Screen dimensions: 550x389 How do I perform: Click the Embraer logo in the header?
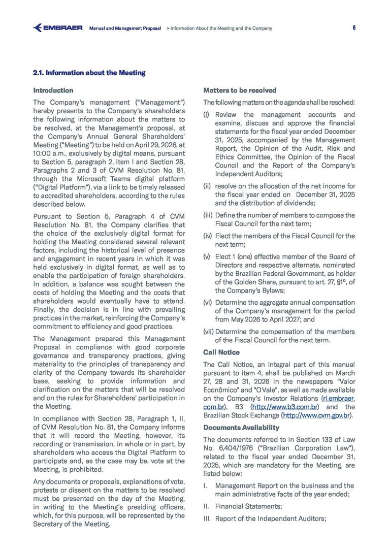(x=57, y=28)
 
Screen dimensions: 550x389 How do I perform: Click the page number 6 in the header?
(x=353, y=28)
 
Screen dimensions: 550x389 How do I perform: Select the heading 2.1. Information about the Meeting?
(x=89, y=73)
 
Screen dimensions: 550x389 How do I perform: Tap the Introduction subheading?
(x=53, y=90)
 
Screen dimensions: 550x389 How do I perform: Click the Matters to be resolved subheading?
(x=240, y=90)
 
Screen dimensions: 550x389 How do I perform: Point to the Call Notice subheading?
(x=221, y=352)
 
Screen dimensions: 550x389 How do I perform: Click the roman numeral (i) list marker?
(x=206, y=115)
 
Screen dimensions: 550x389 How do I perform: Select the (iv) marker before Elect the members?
(x=208, y=236)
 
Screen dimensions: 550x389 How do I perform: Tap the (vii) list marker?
(x=209, y=332)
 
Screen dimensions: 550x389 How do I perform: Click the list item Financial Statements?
(x=248, y=506)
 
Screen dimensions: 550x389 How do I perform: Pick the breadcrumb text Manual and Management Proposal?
(x=125, y=28)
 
